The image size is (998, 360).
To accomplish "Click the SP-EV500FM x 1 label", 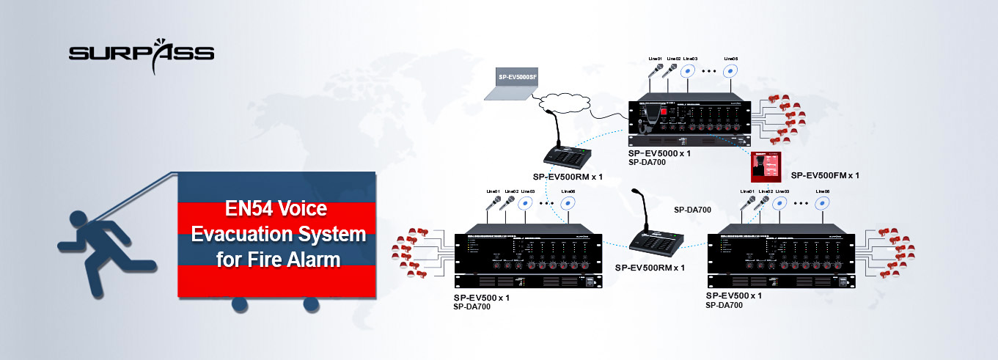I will pos(825,176).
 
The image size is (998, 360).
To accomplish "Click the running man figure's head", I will pos(77,219).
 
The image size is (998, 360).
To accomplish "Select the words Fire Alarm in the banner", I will pos(296,258).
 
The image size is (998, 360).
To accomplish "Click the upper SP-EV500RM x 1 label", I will pos(568,177).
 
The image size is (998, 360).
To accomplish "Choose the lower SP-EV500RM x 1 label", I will pos(650,268).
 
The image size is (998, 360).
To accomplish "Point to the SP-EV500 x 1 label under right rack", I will pos(733,295).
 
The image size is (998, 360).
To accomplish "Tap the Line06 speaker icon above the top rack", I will pos(730,72).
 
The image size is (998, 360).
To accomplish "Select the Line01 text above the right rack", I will pos(746,191).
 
